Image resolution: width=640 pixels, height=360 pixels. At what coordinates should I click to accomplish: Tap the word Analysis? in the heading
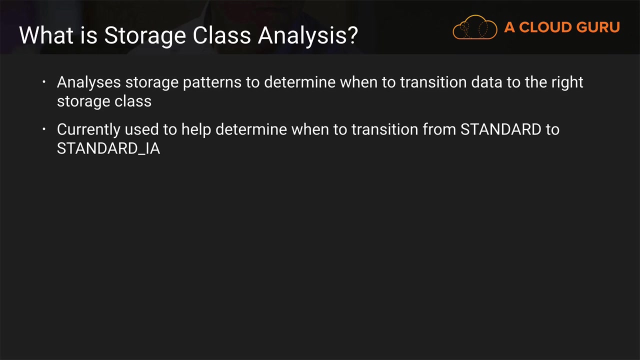coord(307,35)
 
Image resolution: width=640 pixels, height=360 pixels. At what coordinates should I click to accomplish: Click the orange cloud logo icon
coord(474,27)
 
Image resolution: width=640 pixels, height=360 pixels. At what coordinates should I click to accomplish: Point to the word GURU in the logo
coord(598,27)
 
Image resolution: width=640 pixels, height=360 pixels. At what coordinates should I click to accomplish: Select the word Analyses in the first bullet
coord(89,83)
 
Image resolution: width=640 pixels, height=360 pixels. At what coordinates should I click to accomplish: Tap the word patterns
coord(212,83)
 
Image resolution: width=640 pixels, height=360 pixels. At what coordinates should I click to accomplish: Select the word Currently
coord(88,130)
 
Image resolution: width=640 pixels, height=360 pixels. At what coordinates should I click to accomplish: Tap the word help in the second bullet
coord(196,130)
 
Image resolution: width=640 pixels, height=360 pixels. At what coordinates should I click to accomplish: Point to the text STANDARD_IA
coord(108,148)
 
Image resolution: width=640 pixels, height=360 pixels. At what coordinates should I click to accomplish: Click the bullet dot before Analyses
coord(44,82)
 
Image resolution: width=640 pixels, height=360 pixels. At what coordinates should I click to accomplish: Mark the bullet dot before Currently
coord(44,129)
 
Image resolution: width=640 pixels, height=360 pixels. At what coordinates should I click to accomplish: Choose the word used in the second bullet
coord(141,129)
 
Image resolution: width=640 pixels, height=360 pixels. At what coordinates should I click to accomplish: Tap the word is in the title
coord(89,35)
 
